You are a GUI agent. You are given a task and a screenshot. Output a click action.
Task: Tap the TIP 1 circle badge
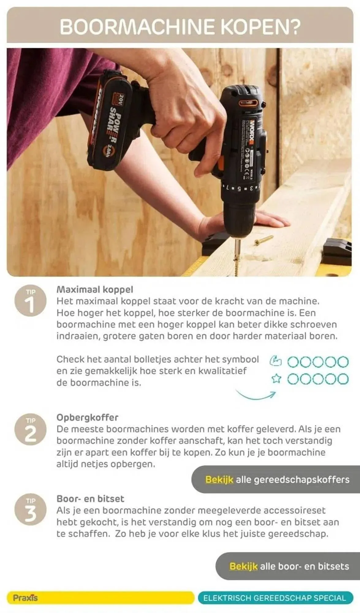coord(30,301)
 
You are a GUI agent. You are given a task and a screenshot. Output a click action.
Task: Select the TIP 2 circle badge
coord(30,429)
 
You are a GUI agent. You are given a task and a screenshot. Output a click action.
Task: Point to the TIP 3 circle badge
coord(30,510)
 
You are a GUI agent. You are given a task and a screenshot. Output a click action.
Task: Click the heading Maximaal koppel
coord(95,289)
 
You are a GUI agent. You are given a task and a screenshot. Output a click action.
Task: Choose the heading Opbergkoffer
coord(87,417)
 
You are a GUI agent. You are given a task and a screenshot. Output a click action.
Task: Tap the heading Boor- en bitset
coord(90,499)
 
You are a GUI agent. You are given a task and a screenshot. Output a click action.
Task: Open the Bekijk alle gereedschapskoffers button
coord(276,479)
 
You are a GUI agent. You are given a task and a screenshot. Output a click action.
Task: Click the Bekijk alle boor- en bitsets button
coord(288,566)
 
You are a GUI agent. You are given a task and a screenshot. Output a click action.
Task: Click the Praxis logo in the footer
coord(25,598)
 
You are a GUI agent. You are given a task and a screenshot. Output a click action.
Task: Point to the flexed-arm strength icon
coord(276,361)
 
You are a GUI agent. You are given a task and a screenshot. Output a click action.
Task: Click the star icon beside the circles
coord(276,379)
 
